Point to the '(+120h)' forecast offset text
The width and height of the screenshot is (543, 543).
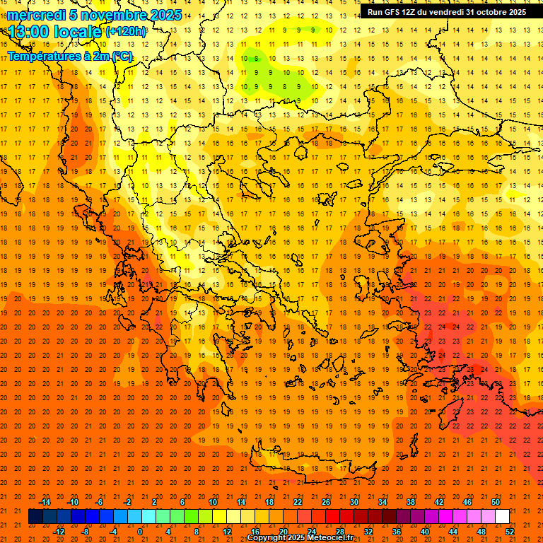[126, 32]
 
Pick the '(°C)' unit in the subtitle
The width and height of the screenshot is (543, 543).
[122, 56]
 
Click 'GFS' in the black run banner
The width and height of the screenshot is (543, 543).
[394, 12]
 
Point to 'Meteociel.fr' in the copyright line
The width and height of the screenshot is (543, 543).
[340, 538]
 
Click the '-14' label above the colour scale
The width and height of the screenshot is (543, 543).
[45, 502]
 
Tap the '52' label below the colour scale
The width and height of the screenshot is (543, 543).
[510, 532]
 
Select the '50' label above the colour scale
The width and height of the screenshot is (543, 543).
[496, 502]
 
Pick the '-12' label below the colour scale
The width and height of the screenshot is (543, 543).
[59, 532]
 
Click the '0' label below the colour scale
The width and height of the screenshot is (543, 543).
[140, 532]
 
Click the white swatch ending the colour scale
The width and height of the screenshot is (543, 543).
[503, 517]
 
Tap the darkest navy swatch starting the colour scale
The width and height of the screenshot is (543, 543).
[35, 517]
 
